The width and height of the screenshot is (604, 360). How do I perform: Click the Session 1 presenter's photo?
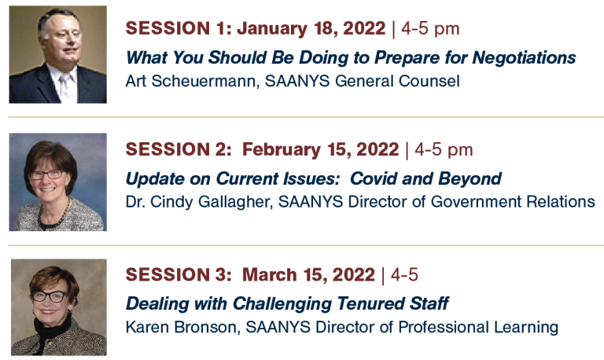pos(57,54)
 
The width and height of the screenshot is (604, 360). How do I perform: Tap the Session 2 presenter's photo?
pos(57,182)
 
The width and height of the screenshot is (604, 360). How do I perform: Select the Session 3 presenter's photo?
pos(58,307)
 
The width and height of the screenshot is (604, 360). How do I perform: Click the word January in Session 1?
pos(272,29)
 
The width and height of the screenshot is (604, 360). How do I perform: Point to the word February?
pos(282,150)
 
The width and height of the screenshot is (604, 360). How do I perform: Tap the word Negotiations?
pos(525,58)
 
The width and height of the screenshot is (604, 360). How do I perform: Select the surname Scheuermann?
pos(205,81)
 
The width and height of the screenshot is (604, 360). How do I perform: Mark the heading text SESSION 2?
pos(179,150)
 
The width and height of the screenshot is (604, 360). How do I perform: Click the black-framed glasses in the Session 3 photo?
pos(50,296)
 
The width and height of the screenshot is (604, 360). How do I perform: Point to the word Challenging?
pos(282,304)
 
